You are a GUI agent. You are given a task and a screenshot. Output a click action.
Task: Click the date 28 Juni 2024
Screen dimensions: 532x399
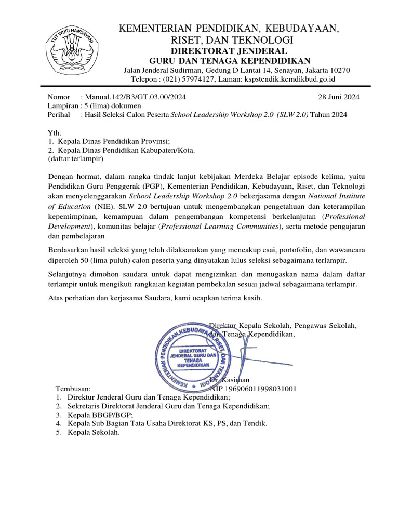(338, 97)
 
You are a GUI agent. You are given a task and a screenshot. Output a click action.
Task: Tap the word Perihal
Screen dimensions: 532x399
(59, 114)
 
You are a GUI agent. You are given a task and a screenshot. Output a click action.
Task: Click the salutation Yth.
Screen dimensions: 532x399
(54, 132)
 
